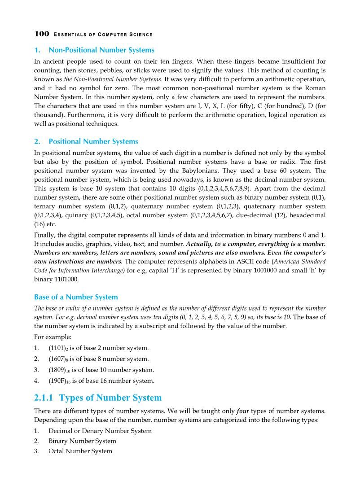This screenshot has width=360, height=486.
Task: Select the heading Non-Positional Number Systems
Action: [x=101, y=50]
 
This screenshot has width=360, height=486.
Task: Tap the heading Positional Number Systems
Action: [x=93, y=141]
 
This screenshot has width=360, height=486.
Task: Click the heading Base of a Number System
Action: [x=76, y=297]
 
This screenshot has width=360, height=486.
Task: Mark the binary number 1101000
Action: [x=61, y=279]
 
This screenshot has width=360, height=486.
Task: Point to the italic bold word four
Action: [x=242, y=412]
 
